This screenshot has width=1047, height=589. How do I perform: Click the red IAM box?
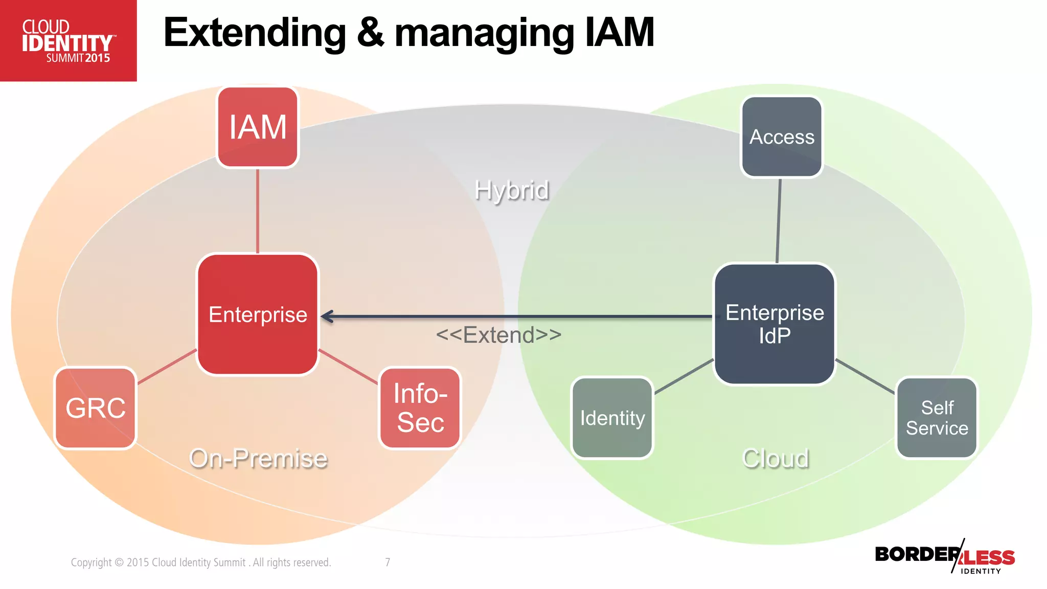click(x=258, y=127)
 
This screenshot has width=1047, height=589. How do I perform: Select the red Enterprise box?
click(x=258, y=314)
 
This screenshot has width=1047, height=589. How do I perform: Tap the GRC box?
click(x=96, y=408)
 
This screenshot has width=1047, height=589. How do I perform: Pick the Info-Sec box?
click(x=420, y=408)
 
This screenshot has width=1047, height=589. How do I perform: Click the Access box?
click(x=782, y=137)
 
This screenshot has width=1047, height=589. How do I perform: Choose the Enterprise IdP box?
click(x=775, y=324)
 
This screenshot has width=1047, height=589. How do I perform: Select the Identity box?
click(x=612, y=418)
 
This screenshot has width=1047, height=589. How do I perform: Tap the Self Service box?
click(x=937, y=418)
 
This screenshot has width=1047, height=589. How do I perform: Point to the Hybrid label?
click(x=511, y=190)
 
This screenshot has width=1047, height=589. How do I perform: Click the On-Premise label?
click(x=258, y=458)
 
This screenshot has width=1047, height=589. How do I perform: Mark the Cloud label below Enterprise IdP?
click(x=776, y=458)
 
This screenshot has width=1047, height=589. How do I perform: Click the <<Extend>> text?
click(x=498, y=335)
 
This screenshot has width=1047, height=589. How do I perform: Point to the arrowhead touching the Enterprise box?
click(x=328, y=316)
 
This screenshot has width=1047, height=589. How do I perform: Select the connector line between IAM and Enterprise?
click(x=258, y=211)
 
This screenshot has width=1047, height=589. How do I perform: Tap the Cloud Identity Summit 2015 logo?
click(x=68, y=41)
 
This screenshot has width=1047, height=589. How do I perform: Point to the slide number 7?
click(x=388, y=562)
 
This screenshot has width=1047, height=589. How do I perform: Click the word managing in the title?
click(x=484, y=34)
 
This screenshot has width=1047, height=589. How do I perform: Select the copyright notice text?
click(x=201, y=562)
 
